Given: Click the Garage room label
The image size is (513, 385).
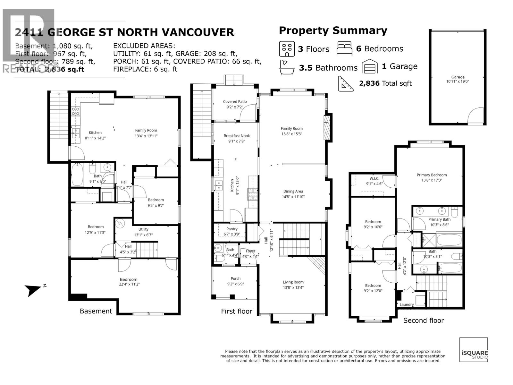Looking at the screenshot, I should coord(458,77).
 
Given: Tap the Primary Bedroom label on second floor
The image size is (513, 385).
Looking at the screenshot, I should coord(432,175).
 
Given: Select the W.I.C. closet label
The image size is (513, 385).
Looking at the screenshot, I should coord(374,178).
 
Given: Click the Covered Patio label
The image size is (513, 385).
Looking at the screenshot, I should coord(235,102).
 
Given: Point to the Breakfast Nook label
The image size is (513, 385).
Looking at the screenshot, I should coord(237,136).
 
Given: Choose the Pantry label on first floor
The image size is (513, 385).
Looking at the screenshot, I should coord(232,229).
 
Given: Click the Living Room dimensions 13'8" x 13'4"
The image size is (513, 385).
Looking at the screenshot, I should coord(293,287).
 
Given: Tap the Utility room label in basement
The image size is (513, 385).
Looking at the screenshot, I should coord(143,229).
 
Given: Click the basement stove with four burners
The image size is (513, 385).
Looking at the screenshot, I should coord(76,111).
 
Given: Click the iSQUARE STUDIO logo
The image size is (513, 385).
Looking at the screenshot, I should coord(474,350).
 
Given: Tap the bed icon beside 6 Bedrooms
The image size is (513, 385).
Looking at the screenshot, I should coord(344,48).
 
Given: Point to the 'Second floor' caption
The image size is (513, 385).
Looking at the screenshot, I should coord(423,320).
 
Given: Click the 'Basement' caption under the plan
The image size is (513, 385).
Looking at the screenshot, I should coord(96,311).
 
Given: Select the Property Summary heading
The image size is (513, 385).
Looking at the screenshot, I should coord(333,30).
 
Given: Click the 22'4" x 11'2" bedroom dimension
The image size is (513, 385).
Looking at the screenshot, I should coord(129,284).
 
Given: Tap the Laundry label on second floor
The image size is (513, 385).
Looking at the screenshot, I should coord(407,304).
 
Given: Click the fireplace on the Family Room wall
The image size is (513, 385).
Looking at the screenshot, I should coord(327,127).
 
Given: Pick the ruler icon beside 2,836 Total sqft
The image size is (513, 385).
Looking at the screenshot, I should coord(346,84).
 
